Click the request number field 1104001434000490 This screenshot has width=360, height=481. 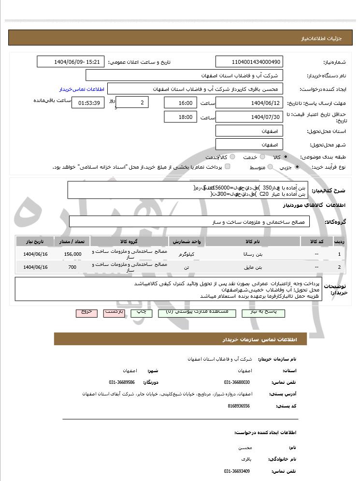(249, 62)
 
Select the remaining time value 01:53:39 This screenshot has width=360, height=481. (87, 102)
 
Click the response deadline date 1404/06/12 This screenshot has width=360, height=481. (249, 103)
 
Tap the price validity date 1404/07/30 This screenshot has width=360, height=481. (249, 117)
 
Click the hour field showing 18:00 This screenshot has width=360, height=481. (180, 117)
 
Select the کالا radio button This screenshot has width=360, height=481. (286, 157)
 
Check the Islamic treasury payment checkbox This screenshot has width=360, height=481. (228, 167)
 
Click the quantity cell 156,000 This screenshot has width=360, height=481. (72, 254)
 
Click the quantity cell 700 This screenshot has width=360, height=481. (72, 267)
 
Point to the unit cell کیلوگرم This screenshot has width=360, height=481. (186, 254)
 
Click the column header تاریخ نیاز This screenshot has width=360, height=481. (34, 241)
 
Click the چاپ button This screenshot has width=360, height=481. (142, 313)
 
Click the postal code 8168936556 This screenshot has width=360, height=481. (238, 406)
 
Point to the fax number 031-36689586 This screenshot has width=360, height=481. (122, 382)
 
